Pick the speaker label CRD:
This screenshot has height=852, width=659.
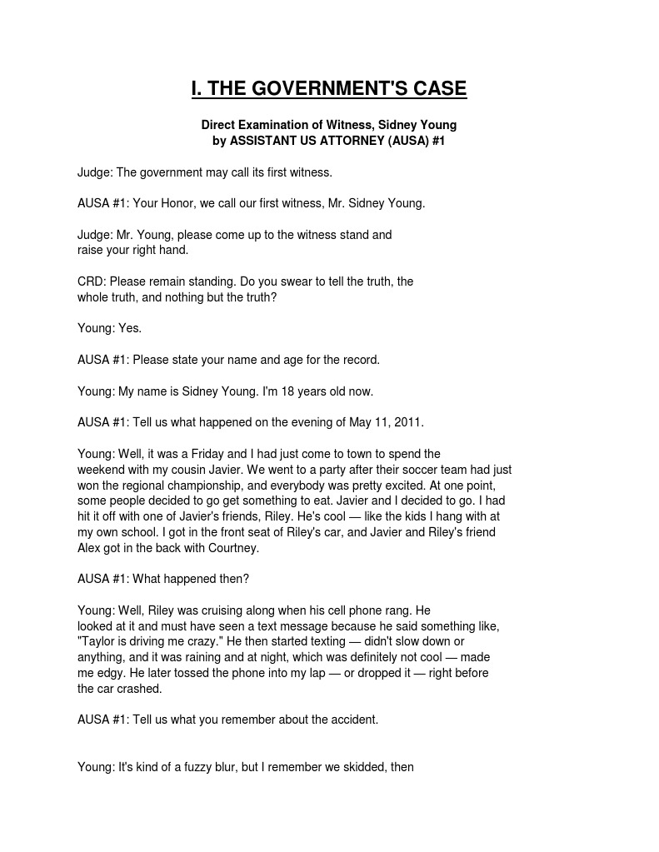92,282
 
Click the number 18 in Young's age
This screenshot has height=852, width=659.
283,391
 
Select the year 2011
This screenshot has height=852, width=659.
408,422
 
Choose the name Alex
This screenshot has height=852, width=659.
90,548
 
